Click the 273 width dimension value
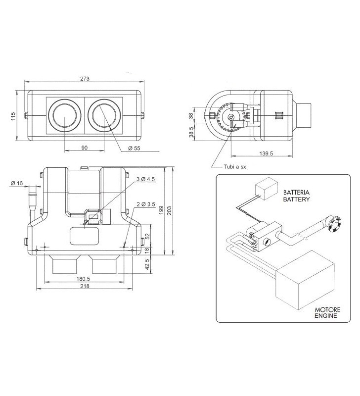point(85,78)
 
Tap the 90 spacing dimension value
point(84,148)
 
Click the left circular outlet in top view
point(64,115)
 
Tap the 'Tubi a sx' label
point(234,167)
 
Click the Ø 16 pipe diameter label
point(16,184)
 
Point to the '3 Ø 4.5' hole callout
point(145,179)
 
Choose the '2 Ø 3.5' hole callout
point(145,204)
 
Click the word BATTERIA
point(296,192)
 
